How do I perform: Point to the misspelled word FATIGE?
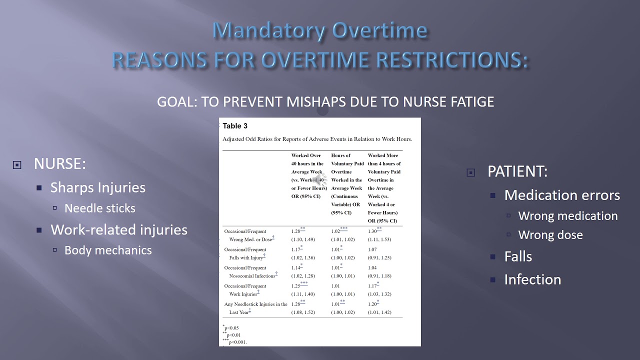[x=470, y=102]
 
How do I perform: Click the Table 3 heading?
[x=235, y=126]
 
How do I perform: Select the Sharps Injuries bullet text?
[x=98, y=187]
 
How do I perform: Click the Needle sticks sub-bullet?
[x=100, y=208]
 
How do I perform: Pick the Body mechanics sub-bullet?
[x=108, y=250]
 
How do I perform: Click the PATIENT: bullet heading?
[x=517, y=172]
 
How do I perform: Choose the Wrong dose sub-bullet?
[x=550, y=235]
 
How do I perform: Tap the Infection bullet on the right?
[x=532, y=279]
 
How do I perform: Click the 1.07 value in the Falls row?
[x=373, y=249]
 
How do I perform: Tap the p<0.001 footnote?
[x=237, y=342]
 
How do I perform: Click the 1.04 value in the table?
[x=373, y=268]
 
